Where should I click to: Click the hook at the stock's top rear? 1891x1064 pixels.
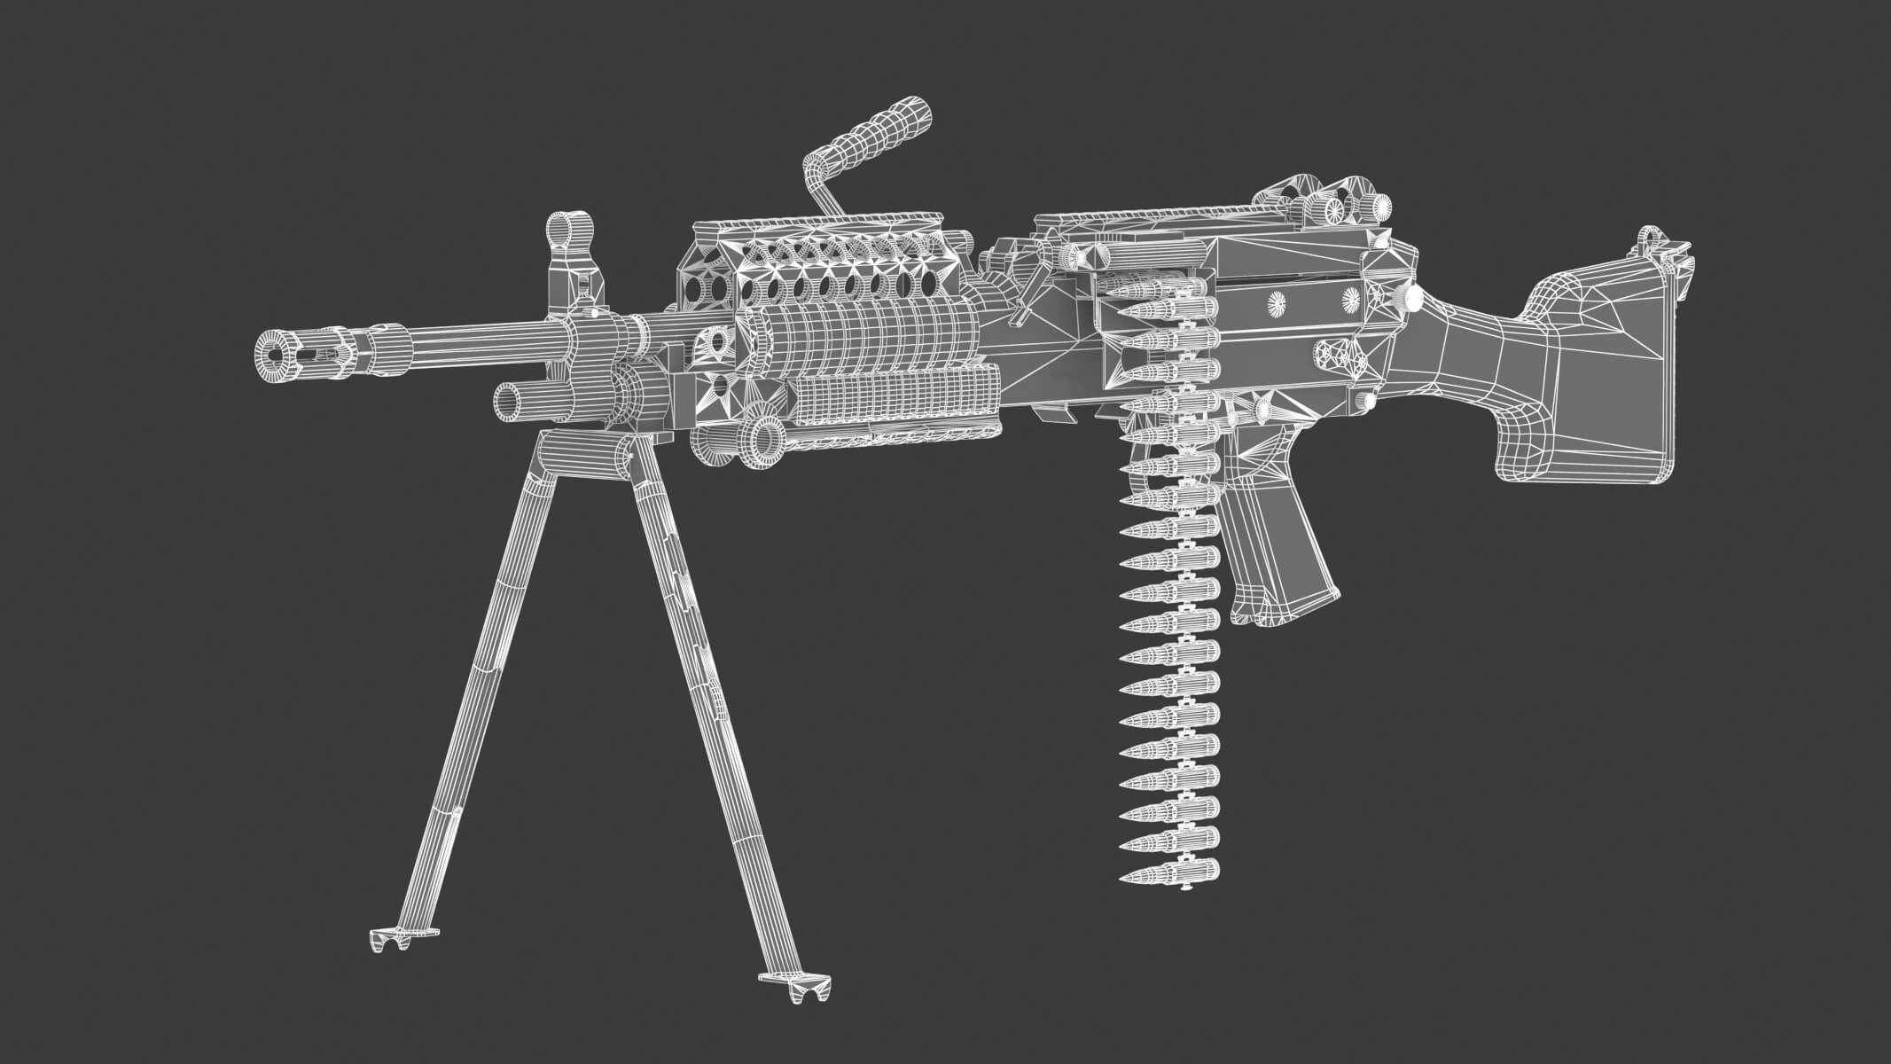(1650, 238)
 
